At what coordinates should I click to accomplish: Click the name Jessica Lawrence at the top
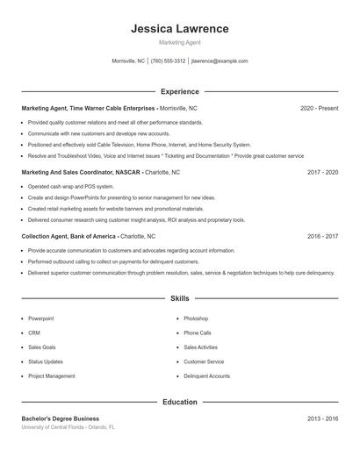[x=179, y=28]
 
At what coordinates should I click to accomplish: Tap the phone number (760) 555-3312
[x=168, y=61]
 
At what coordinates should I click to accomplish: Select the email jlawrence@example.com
[x=220, y=61]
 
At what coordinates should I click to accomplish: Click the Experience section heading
[x=179, y=91]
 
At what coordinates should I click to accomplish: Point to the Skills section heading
[x=179, y=298]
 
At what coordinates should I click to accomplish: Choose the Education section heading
[x=179, y=402]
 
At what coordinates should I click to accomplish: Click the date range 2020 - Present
[x=319, y=108]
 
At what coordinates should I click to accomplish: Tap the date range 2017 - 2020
[x=322, y=172]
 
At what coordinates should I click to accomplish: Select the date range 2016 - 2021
[x=322, y=236]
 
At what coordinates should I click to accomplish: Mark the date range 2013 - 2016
[x=322, y=418]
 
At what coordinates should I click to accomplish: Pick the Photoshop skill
[x=196, y=318]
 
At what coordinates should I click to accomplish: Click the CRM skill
[x=34, y=333]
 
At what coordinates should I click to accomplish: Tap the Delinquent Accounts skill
[x=206, y=376]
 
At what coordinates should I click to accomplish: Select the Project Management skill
[x=51, y=376]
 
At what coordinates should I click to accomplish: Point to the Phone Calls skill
[x=198, y=333]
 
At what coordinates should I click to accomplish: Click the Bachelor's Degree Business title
[x=61, y=418]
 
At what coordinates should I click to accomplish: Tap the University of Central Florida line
[x=68, y=426]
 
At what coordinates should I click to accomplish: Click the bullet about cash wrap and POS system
[x=70, y=186]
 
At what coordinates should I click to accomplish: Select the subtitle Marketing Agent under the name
[x=179, y=42]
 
